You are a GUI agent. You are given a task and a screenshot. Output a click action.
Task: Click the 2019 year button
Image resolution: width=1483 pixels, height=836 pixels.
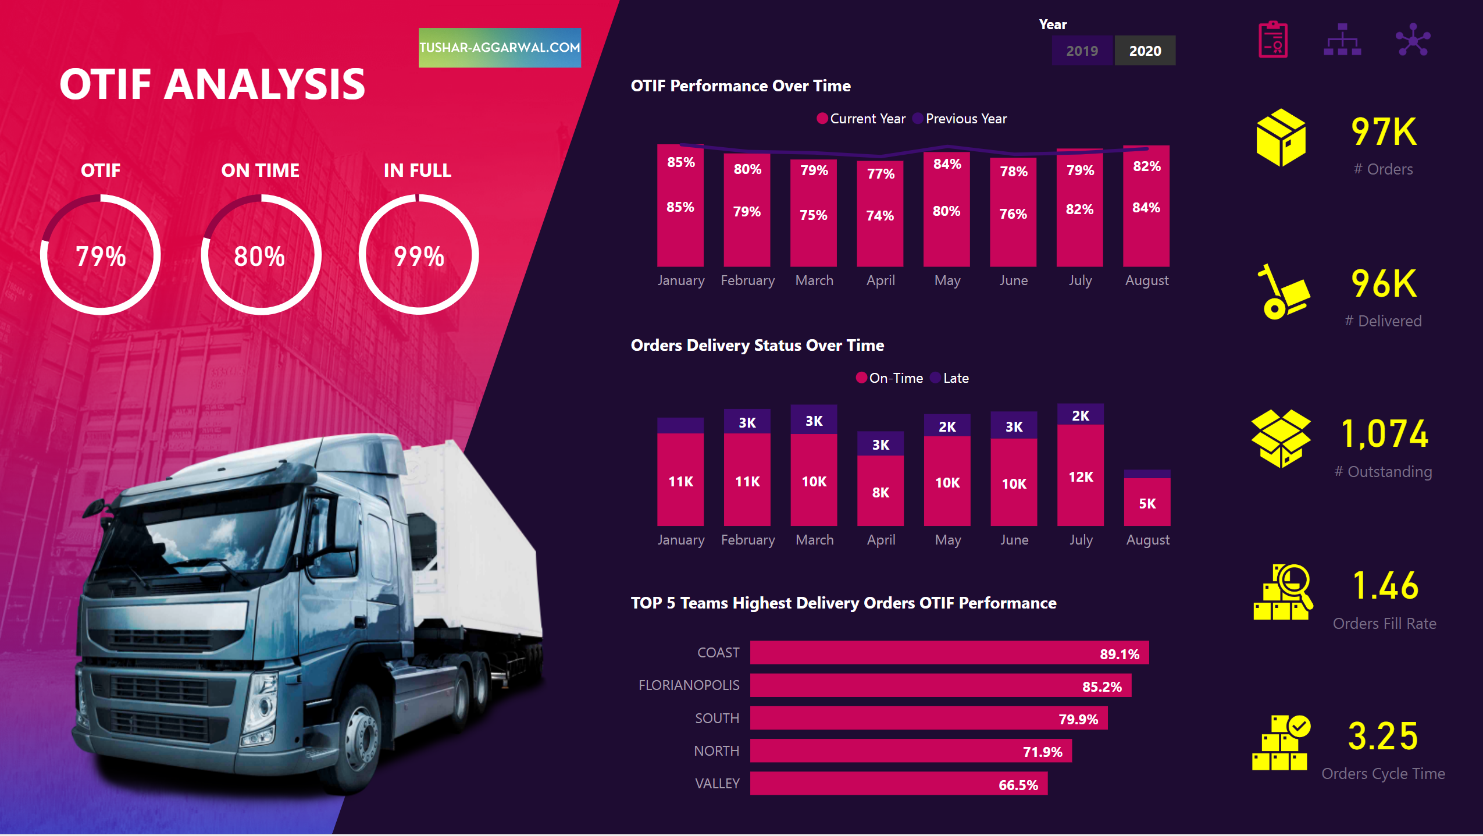pyautogui.click(x=1082, y=51)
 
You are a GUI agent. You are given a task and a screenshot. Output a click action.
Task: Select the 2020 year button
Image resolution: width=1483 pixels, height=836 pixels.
pyautogui.click(x=1145, y=51)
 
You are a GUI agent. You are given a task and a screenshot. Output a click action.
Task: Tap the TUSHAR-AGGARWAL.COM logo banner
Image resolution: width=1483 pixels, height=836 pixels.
pyautogui.click(x=500, y=48)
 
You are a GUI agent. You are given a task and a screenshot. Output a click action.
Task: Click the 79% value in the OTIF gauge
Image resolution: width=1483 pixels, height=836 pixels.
pyautogui.click(x=101, y=257)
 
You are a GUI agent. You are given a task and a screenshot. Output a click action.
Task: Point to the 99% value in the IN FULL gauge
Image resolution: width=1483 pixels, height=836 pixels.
pyautogui.click(x=419, y=257)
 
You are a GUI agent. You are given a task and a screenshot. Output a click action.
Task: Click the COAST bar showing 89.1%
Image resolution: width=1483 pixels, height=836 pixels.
pyautogui.click(x=949, y=653)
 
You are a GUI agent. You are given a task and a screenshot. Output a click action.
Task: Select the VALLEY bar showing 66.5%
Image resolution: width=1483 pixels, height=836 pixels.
pyautogui.click(x=898, y=784)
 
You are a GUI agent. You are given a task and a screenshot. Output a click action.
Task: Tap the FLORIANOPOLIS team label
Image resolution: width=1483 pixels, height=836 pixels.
pyautogui.click(x=689, y=685)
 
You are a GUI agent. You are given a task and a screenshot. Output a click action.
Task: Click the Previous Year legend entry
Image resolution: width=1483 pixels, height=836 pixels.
pyautogui.click(x=965, y=119)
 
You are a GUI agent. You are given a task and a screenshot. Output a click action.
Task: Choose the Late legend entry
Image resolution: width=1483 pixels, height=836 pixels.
pyautogui.click(x=955, y=378)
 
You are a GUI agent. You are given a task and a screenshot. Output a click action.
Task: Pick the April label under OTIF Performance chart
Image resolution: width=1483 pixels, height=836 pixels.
pyautogui.click(x=880, y=280)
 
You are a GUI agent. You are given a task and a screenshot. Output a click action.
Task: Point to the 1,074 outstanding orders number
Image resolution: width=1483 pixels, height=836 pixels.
pyautogui.click(x=1384, y=434)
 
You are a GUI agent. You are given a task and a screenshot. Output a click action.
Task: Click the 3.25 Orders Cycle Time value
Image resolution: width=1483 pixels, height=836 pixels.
pyautogui.click(x=1383, y=737)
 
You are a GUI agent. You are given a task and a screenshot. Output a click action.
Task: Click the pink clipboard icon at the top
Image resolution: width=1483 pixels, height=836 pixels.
pyautogui.click(x=1272, y=40)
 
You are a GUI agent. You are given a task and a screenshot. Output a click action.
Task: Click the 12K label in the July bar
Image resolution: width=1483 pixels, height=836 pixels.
pyautogui.click(x=1081, y=477)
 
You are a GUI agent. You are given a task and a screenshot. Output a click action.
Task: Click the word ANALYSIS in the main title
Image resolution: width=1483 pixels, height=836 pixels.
pyautogui.click(x=265, y=84)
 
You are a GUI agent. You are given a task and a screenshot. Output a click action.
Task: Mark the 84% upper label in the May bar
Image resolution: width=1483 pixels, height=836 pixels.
pyautogui.click(x=947, y=164)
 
